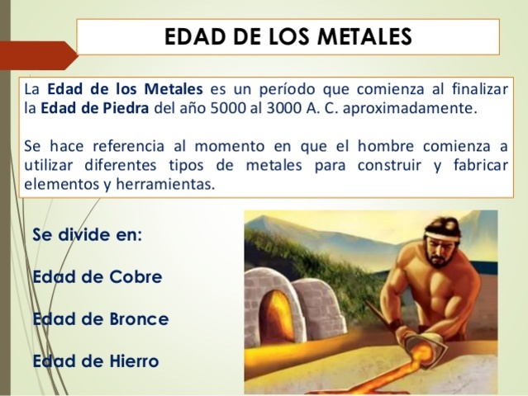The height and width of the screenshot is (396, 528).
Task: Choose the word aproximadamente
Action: click(x=431, y=108)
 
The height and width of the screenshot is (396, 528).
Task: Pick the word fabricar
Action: click(x=478, y=166)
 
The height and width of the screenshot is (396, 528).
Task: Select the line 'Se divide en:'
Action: click(x=88, y=234)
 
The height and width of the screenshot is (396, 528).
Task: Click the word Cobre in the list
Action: click(x=136, y=276)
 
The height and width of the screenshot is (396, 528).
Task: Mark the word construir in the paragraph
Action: click(x=389, y=166)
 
